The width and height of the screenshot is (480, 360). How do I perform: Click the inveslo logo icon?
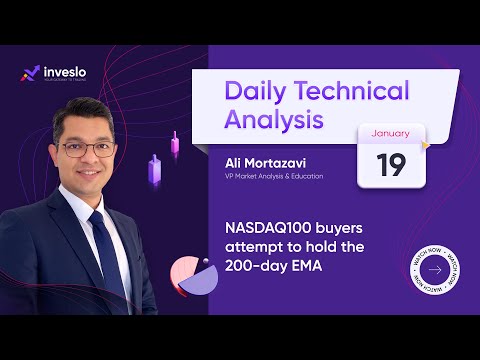(x=30, y=73)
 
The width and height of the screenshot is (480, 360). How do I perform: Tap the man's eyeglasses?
(x=87, y=149)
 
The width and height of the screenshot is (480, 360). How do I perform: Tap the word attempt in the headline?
(x=250, y=248)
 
